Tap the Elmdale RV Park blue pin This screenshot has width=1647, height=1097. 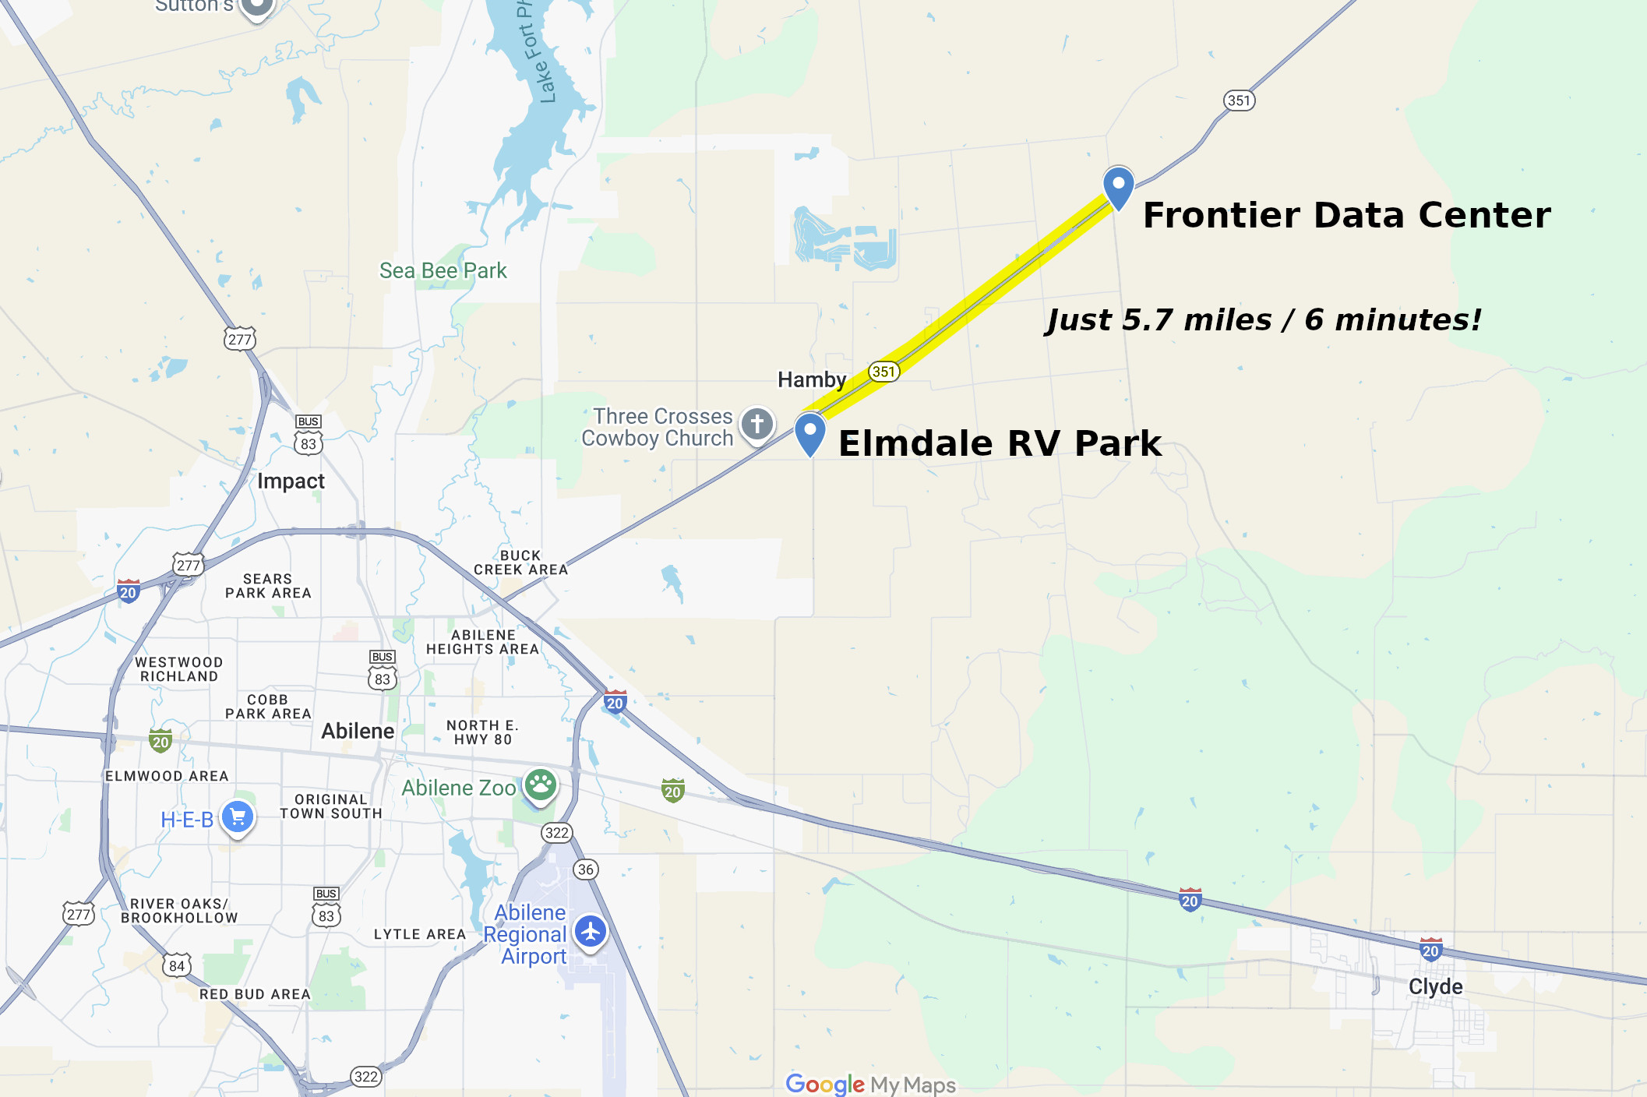pyautogui.click(x=810, y=432)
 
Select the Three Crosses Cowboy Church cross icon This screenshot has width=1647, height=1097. pyautogui.click(x=756, y=425)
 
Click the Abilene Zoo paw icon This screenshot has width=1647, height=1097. pyautogui.click(x=540, y=785)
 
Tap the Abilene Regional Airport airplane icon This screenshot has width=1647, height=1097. pyautogui.click(x=591, y=931)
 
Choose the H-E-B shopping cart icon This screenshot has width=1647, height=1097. pyautogui.click(x=238, y=817)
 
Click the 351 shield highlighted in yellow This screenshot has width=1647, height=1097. pyautogui.click(x=883, y=372)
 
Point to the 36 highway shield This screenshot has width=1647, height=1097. pyautogui.click(x=586, y=869)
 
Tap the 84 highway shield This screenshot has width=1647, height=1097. pyautogui.click(x=177, y=966)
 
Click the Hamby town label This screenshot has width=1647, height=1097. pyautogui.click(x=812, y=379)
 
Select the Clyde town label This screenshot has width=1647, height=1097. pyautogui.click(x=1435, y=986)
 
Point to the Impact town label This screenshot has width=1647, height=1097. pyautogui.click(x=291, y=481)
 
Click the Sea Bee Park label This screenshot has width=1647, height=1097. pyautogui.click(x=443, y=271)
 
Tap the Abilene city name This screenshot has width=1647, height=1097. pyautogui.click(x=358, y=731)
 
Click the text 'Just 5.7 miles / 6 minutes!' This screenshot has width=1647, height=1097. pyautogui.click(x=1263, y=320)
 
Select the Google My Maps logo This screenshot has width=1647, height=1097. pyautogui.click(x=870, y=1084)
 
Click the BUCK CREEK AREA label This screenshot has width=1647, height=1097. pyautogui.click(x=520, y=563)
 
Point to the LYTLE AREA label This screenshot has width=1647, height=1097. pyautogui.click(x=419, y=934)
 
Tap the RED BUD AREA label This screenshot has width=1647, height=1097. pyautogui.click(x=255, y=994)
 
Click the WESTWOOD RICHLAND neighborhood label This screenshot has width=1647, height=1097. pyautogui.click(x=179, y=669)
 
